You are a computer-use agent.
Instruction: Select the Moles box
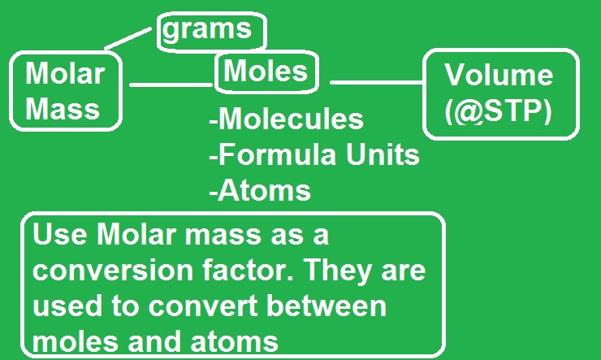tap(266, 72)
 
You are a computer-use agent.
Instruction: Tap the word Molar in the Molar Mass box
tap(65, 74)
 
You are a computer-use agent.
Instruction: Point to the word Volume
tap(499, 76)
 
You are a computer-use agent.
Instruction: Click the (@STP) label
tap(498, 111)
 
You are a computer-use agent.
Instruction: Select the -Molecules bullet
tap(285, 119)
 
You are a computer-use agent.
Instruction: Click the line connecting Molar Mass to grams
tap(131, 37)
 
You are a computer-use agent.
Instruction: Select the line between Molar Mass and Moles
tap(171, 84)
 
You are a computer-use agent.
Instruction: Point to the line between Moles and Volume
tap(377, 80)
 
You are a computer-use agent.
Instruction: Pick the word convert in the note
tap(204, 306)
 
